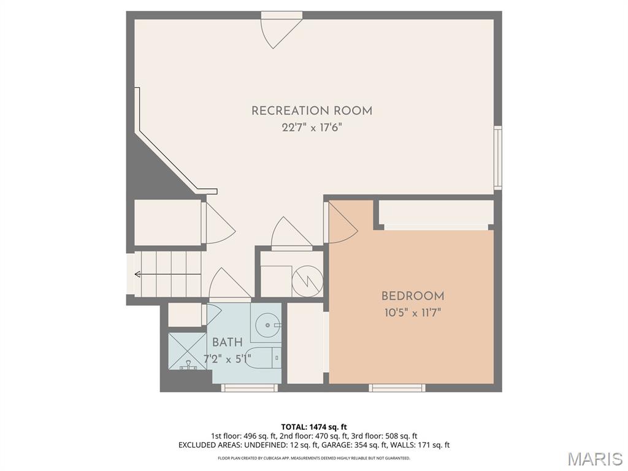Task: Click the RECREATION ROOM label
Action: pyautogui.click(x=312, y=111)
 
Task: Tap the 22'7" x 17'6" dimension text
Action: pyautogui.click(x=312, y=128)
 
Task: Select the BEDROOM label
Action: pyautogui.click(x=413, y=296)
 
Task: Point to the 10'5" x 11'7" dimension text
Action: pyautogui.click(x=413, y=312)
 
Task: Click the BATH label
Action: pyautogui.click(x=227, y=342)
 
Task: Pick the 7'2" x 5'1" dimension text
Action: pyautogui.click(x=227, y=359)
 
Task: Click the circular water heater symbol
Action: pyautogui.click(x=307, y=281)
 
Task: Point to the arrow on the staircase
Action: pyautogui.click(x=167, y=274)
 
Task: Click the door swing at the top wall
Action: pyautogui.click(x=280, y=30)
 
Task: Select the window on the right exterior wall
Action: pyautogui.click(x=497, y=158)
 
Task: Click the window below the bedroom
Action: pyautogui.click(x=397, y=388)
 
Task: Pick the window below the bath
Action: pyautogui.click(x=250, y=388)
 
